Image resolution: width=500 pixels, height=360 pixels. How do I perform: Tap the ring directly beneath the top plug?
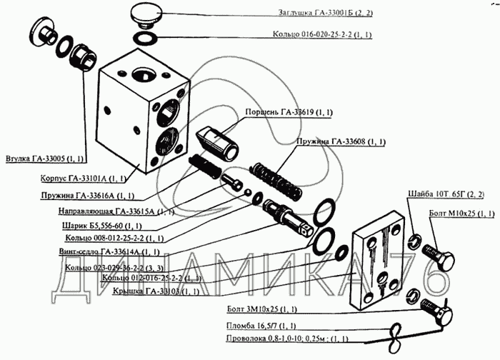pyautogui.click(x=146, y=37)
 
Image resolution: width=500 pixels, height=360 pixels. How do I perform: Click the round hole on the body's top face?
pyautogui.click(x=141, y=74)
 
